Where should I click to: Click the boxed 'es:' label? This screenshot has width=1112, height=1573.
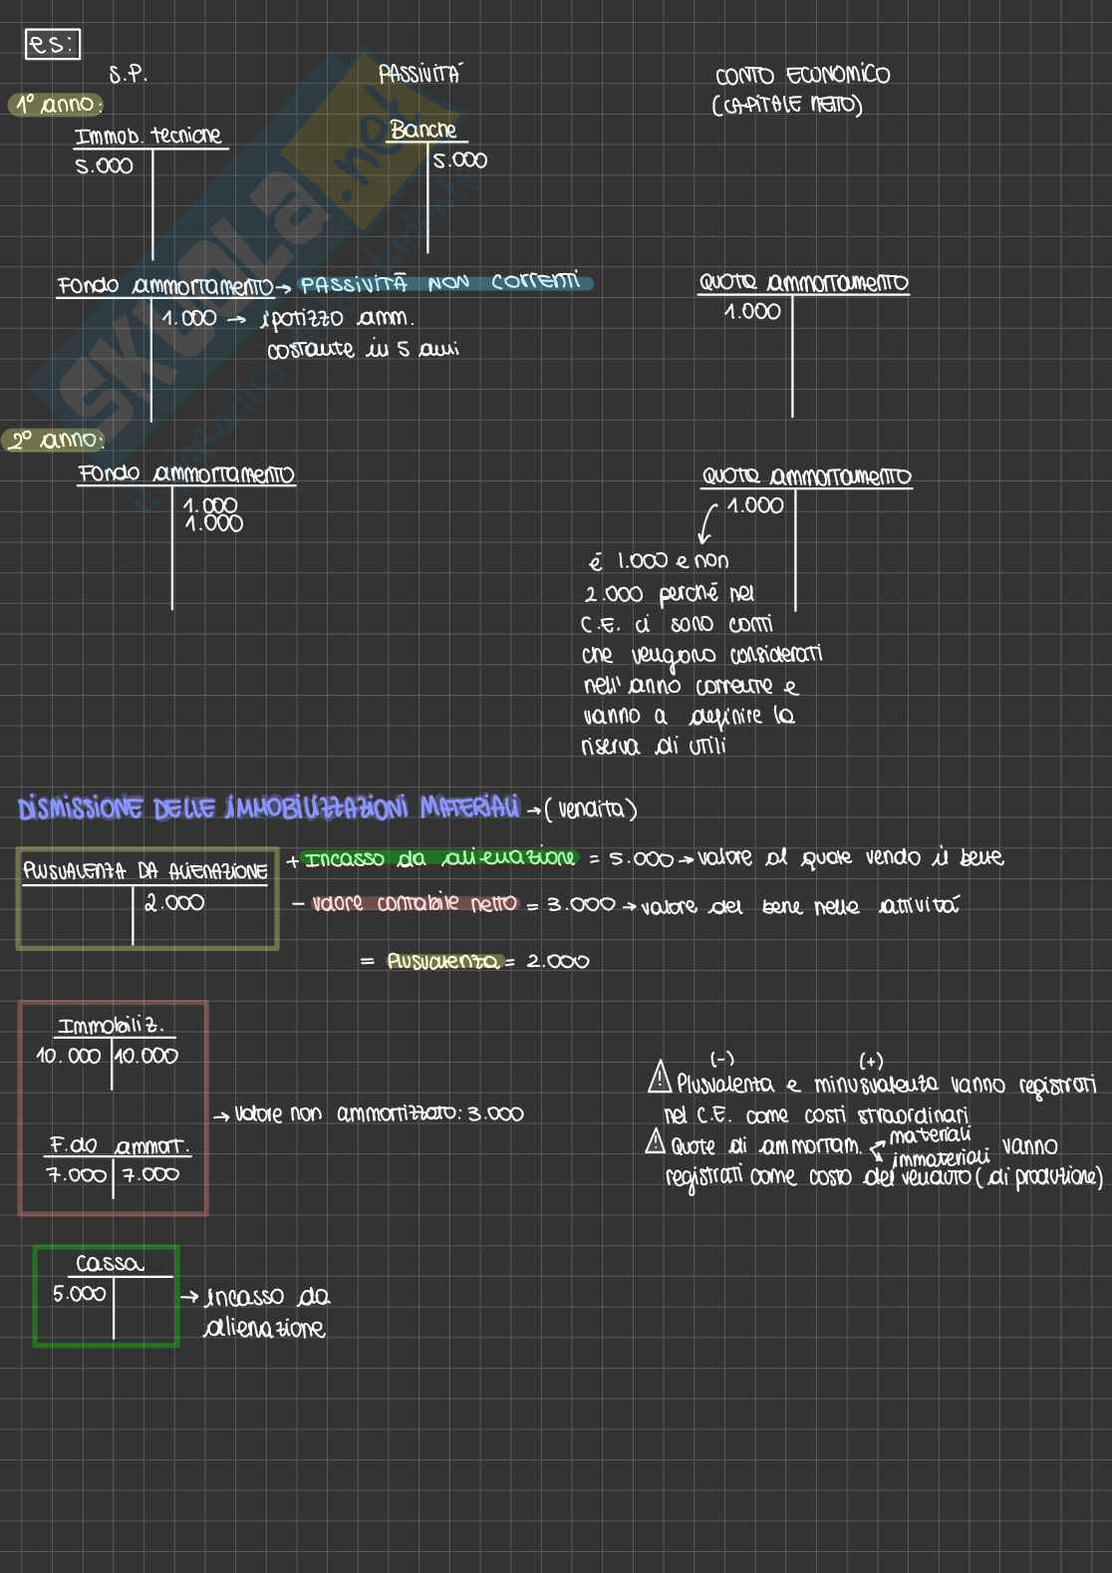(52, 45)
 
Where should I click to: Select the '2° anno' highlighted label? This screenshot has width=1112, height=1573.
(56, 440)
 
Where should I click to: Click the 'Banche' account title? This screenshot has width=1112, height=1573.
(423, 131)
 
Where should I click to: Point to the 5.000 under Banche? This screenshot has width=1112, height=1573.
(459, 160)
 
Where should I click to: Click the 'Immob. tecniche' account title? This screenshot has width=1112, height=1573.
(148, 136)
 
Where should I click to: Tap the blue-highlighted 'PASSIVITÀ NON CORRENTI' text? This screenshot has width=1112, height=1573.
(441, 284)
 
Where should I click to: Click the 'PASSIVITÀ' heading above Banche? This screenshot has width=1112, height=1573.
(419, 74)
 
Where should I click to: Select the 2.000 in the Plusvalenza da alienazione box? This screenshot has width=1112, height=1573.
(174, 903)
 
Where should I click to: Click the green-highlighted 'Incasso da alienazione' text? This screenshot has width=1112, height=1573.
(440, 858)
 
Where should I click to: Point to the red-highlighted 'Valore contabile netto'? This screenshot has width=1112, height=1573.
(415, 904)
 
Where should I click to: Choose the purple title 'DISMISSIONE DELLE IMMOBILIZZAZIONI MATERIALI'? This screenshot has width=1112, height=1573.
(269, 807)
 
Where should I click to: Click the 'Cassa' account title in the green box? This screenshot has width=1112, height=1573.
(110, 1264)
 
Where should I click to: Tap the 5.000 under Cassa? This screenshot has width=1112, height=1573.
(79, 1294)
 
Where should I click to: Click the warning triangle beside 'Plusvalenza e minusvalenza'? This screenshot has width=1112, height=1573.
(659, 1078)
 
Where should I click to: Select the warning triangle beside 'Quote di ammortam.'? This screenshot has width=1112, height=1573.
(655, 1142)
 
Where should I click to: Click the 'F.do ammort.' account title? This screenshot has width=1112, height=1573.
(120, 1145)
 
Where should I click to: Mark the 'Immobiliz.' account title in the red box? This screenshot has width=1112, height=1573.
(111, 1026)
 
